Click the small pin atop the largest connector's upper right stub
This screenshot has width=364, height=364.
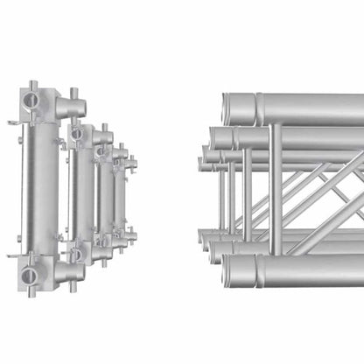[73, 90]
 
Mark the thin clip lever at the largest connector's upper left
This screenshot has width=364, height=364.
[15, 122]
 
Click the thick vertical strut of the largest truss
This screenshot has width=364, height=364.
[276, 188]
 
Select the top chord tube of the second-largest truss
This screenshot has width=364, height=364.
[289, 138]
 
